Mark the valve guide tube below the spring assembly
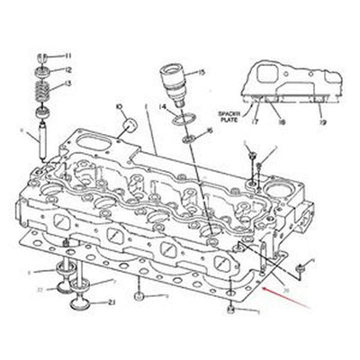point(42,142)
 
